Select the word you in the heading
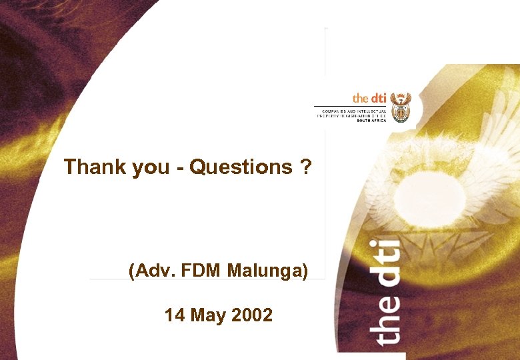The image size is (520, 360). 151,167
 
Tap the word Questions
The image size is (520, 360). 241,167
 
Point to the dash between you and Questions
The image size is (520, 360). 180,167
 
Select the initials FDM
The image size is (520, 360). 201,271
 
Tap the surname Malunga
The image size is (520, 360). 267,271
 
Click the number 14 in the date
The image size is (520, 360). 175,315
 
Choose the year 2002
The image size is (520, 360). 251,315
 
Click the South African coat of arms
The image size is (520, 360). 400,107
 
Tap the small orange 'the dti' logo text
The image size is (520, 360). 369,98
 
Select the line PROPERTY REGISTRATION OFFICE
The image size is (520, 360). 351,115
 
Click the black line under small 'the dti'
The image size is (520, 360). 350,106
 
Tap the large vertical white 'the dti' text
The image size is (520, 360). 387,293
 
